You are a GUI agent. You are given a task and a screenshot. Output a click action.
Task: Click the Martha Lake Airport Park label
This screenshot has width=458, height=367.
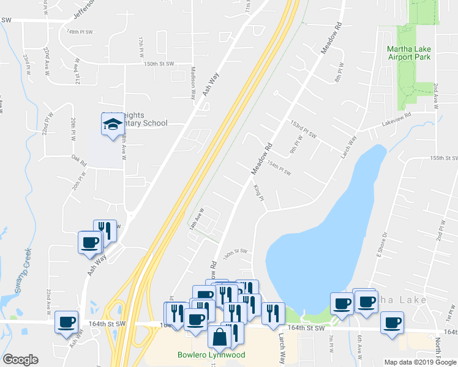point(408,53)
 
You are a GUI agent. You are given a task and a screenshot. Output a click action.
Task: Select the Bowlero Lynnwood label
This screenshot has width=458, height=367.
point(211,355)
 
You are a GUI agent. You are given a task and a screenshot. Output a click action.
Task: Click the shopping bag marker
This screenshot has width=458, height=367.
point(219,336)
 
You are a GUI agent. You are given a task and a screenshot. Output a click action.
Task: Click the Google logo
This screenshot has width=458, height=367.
point(20,360)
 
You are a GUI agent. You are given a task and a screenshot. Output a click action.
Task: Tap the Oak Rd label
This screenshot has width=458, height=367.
point(79,161)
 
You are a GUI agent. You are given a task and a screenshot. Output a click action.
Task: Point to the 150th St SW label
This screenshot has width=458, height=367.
point(159,64)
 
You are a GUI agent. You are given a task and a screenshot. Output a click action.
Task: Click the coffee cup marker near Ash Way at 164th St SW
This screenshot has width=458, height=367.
point(67,322)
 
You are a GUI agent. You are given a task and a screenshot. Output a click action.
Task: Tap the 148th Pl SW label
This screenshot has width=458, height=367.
point(80,31)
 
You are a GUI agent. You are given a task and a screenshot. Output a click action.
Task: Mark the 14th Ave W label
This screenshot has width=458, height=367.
point(195,218)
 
